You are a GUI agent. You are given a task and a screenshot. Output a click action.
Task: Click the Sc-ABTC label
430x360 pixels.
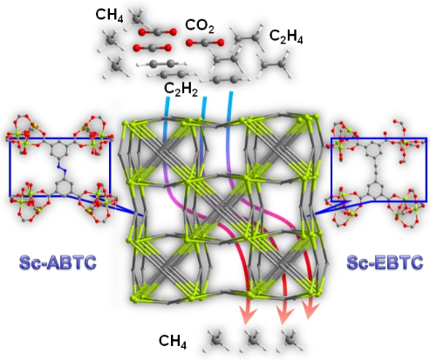point(58,262)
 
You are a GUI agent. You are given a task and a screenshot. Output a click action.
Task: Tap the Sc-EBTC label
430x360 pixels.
point(385,262)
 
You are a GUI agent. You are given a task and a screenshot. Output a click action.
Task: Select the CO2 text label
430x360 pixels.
point(200,25)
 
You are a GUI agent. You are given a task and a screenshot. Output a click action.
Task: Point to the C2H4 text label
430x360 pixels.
point(286,37)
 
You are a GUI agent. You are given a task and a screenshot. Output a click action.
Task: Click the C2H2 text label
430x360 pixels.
point(181,89)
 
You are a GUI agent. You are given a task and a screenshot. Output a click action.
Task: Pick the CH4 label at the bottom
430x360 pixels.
point(173,341)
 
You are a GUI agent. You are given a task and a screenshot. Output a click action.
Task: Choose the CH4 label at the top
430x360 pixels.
point(109,15)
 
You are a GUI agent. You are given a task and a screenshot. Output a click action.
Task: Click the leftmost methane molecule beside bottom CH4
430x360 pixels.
point(217,340)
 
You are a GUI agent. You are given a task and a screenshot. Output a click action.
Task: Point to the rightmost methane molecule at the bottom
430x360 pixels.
point(290,340)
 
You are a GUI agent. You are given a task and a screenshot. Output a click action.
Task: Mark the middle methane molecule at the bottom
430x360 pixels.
point(253,340)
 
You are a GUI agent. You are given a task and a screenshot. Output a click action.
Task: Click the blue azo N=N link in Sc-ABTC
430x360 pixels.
point(62,168)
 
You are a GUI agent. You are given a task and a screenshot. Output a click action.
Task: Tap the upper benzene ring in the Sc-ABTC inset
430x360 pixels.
point(59,149)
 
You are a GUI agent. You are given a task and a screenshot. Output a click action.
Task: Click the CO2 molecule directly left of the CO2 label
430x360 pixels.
point(157,32)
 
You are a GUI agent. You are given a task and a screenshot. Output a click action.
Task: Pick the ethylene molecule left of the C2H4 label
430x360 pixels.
point(246,37)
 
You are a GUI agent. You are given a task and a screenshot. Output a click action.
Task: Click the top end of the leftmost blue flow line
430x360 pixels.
point(167,98)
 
